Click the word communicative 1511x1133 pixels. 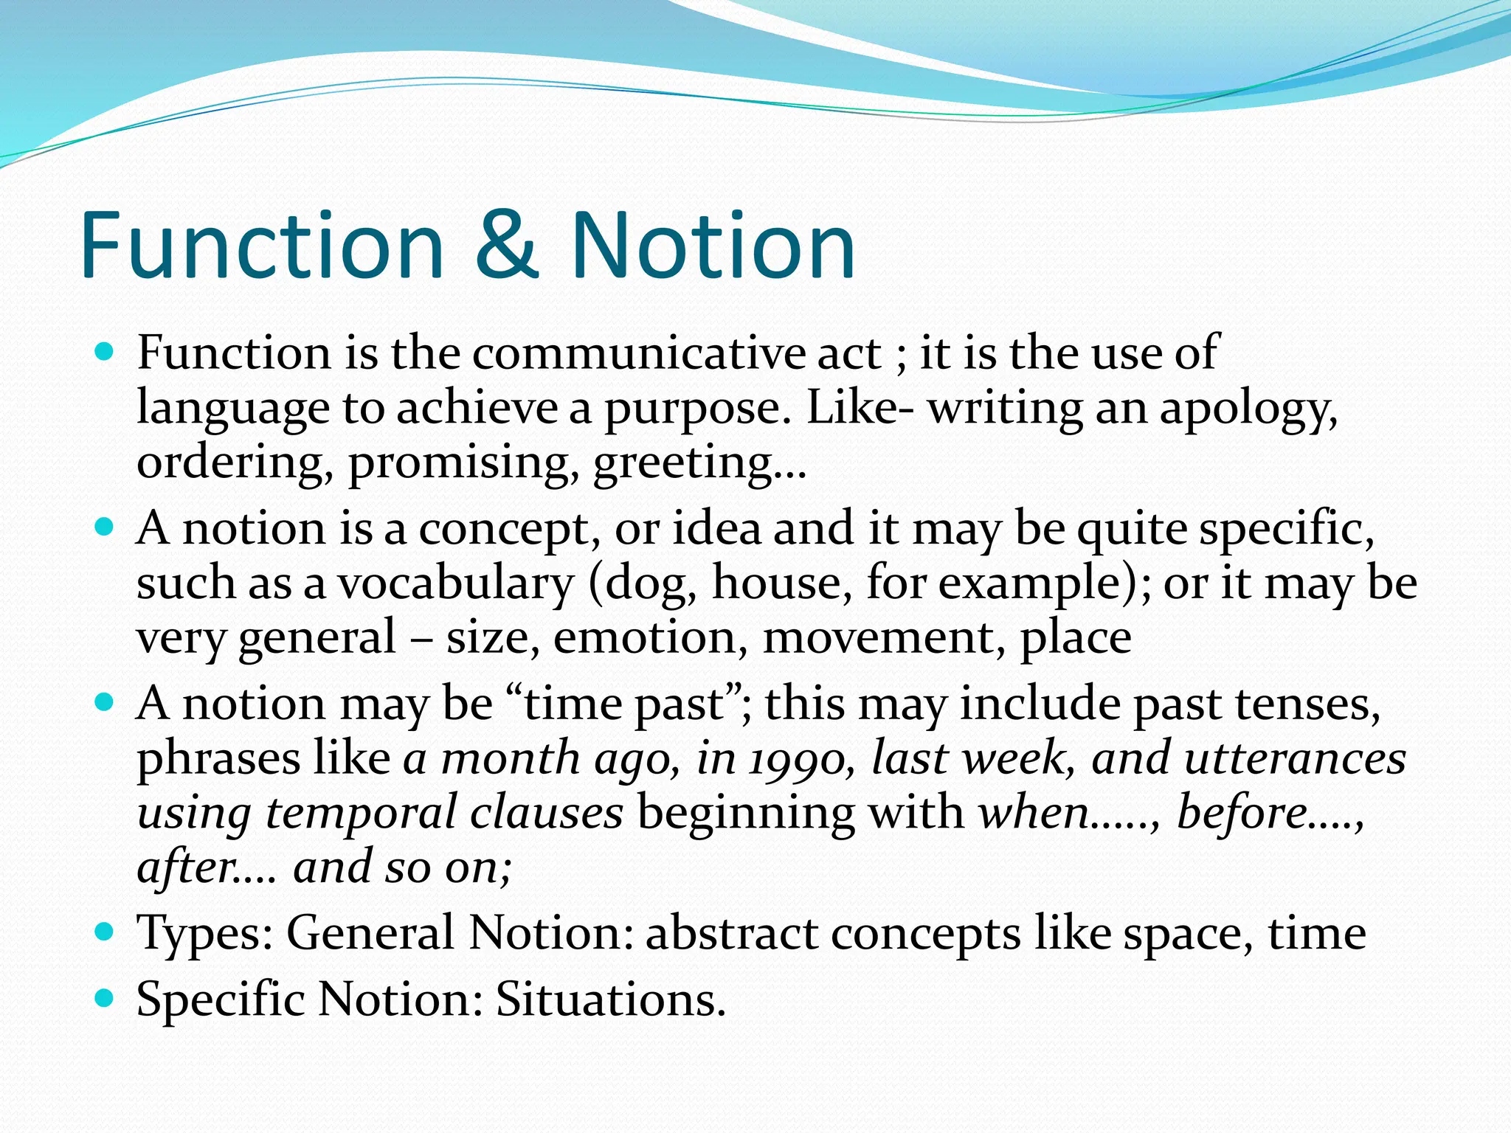[639, 353]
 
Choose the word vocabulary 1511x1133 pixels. [455, 583]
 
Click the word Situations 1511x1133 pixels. [609, 1000]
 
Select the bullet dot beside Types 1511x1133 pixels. [106, 932]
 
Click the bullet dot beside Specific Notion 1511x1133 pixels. [106, 999]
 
